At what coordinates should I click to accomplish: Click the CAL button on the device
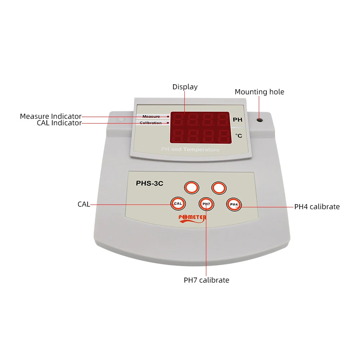coord(178,203)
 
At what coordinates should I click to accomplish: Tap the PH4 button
coord(234,204)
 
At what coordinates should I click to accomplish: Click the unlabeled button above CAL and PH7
coord(192,188)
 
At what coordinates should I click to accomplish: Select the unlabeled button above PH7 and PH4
coord(219,188)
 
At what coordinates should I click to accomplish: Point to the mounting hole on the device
coord(259,119)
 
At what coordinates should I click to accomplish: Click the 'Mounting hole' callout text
coord(259,92)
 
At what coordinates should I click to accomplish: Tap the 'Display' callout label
coord(185,87)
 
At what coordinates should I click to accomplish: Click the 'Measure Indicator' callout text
coord(50,116)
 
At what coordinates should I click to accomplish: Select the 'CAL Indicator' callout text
coord(59,123)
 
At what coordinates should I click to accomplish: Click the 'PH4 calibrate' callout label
coord(317,207)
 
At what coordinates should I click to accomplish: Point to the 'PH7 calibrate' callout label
coord(206,280)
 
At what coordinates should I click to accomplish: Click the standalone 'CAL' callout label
coord(84,204)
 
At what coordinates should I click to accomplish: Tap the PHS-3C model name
coord(149,183)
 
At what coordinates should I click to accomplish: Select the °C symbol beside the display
coord(239,136)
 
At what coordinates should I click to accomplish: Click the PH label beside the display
coord(238,120)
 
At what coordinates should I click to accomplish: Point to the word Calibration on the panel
coord(150,123)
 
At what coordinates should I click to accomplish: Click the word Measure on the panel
coord(151,117)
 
